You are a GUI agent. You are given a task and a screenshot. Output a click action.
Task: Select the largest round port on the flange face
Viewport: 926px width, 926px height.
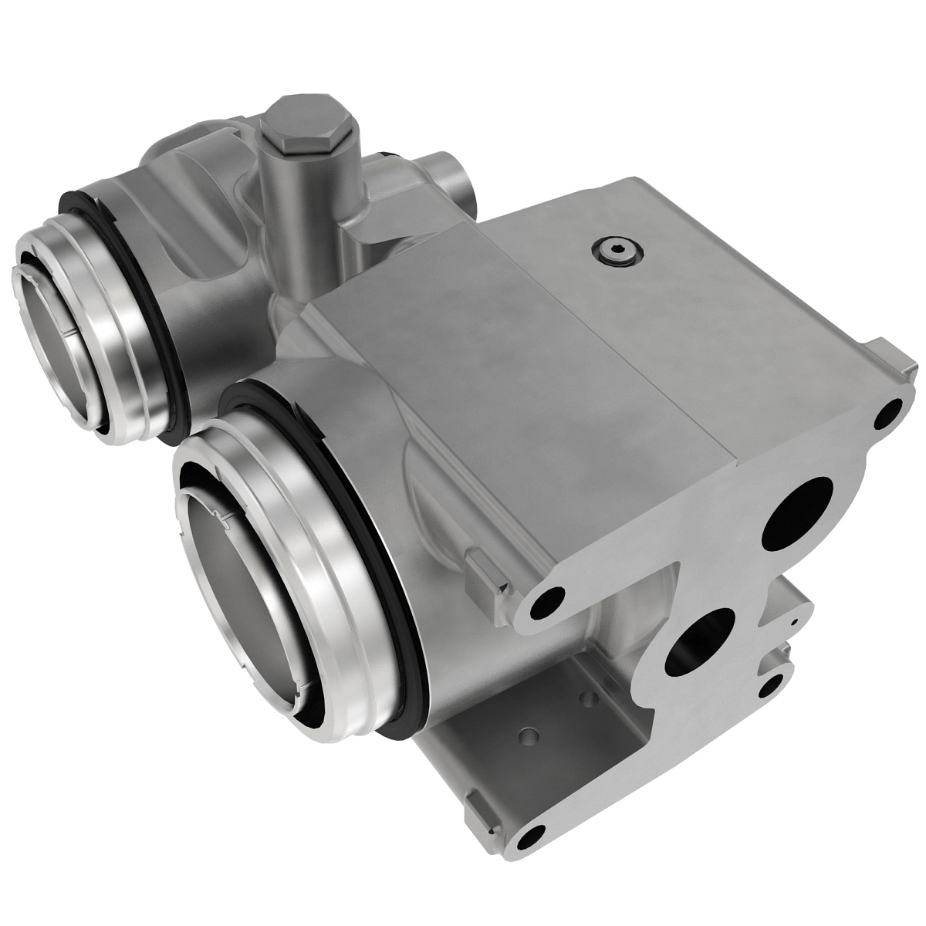[796, 513]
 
